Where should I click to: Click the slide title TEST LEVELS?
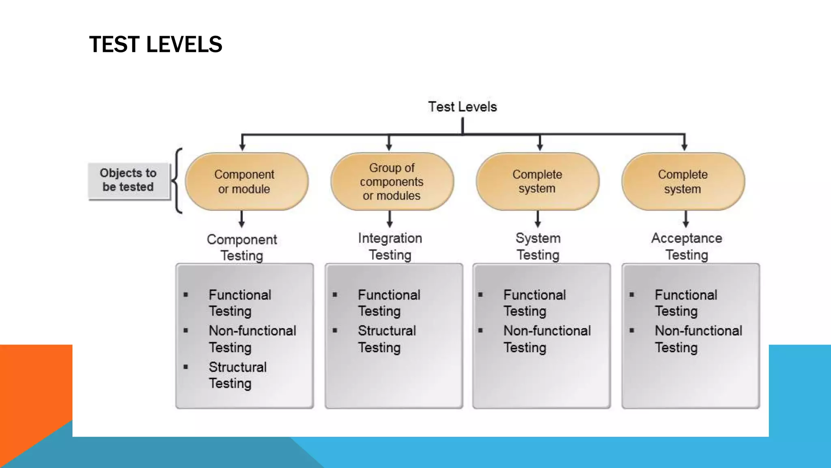click(x=155, y=44)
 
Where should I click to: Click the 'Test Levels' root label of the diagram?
click(x=462, y=107)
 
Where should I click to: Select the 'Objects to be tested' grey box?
click(x=128, y=180)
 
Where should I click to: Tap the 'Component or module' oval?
click(x=246, y=182)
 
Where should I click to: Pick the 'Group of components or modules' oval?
click(x=392, y=182)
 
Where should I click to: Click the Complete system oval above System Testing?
click(x=537, y=182)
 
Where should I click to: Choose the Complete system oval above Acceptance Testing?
click(x=683, y=182)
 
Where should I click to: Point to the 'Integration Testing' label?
click(x=390, y=246)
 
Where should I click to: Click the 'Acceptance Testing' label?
click(x=687, y=246)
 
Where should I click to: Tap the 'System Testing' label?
click(x=538, y=246)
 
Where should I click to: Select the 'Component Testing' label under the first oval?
click(x=242, y=247)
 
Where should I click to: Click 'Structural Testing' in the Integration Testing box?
click(x=387, y=339)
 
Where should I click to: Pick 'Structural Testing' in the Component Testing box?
click(x=237, y=375)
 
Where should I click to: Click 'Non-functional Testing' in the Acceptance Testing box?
click(x=698, y=339)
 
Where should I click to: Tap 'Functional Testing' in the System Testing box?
click(x=534, y=303)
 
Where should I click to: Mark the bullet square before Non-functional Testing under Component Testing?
click(x=186, y=331)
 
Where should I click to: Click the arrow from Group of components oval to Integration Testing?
click(x=390, y=219)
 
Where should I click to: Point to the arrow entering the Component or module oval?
click(x=242, y=143)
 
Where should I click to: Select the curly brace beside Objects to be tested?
click(x=178, y=181)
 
